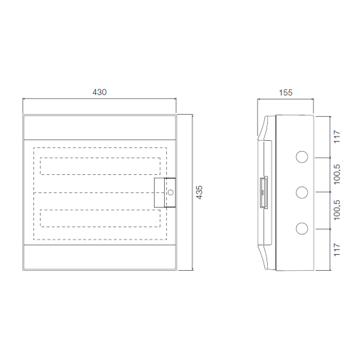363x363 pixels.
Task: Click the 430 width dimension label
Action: pos(99,92)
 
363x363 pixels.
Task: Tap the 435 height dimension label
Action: pos(199,192)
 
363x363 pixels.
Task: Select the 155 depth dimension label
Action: pos(285,92)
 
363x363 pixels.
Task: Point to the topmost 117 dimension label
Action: pos(337,137)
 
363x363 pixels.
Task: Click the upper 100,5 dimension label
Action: pos(337,174)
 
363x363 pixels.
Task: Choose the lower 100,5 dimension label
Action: pos(337,211)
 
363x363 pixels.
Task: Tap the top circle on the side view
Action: pos(299,156)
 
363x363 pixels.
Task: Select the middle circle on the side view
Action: pos(299,192)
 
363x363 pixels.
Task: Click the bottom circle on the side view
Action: pos(299,229)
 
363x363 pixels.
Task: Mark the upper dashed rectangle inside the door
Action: pos(99,166)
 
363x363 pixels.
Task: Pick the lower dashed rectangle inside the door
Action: pos(99,219)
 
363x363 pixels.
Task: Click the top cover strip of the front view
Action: pos(99,126)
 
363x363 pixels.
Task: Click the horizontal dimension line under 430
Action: pos(99,101)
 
